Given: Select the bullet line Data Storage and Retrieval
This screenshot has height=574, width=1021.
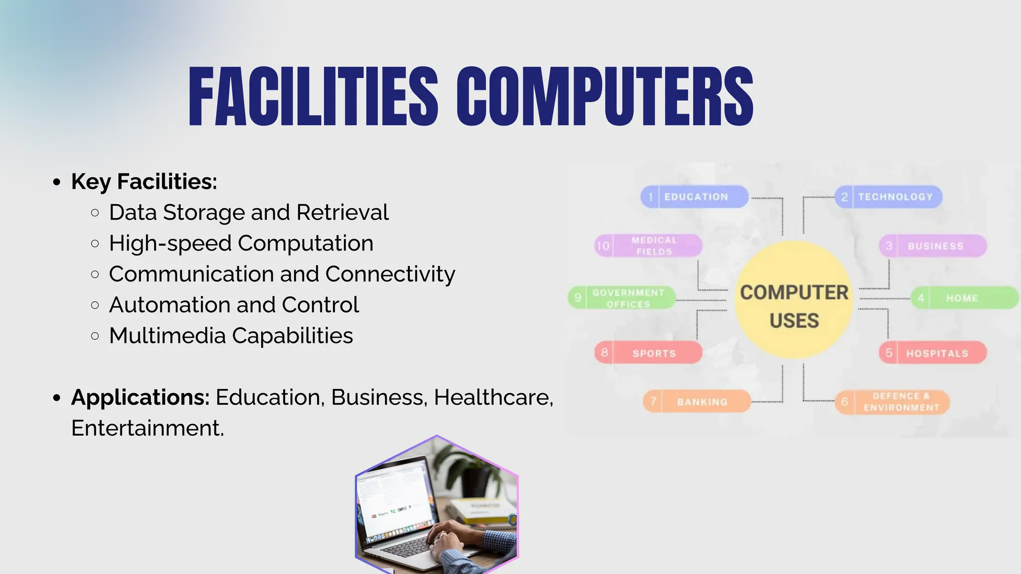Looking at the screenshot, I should pyautogui.click(x=248, y=213).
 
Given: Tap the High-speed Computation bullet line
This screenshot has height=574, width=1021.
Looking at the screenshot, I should pyautogui.click(x=241, y=244).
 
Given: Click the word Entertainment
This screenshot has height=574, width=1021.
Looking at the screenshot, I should pyautogui.click(x=148, y=429).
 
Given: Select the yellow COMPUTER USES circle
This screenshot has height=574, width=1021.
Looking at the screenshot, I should pyautogui.click(x=794, y=300).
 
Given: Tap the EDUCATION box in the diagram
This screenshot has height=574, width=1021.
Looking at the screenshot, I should pyautogui.click(x=695, y=197).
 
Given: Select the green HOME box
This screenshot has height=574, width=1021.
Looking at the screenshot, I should pyautogui.click(x=963, y=298).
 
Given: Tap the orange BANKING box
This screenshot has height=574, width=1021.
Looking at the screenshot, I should pyautogui.click(x=697, y=402).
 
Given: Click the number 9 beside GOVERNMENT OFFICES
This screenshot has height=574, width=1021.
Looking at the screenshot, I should pyautogui.click(x=578, y=298).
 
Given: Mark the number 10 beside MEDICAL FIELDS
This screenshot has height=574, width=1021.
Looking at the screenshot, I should pyautogui.click(x=603, y=246).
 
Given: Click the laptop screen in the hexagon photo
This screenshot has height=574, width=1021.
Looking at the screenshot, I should pyautogui.click(x=394, y=498).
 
